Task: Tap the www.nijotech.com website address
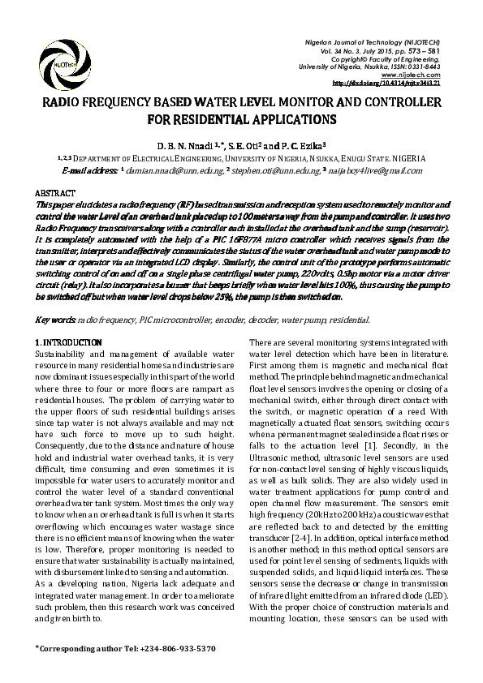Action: [x=438, y=75]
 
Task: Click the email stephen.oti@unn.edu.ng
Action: [x=274, y=172]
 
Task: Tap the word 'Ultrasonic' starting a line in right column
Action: [x=272, y=458]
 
